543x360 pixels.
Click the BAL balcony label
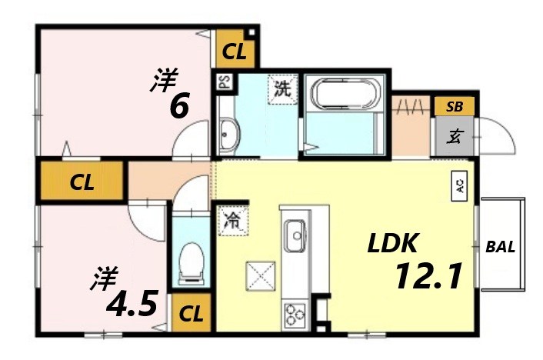coord(501,247)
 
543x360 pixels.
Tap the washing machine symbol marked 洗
coord(282,88)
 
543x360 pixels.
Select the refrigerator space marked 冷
coord(232,221)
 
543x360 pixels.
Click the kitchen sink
coord(295,235)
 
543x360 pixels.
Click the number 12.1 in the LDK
coord(428,276)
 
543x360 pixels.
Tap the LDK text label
coord(391,245)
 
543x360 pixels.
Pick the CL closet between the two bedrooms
coord(82,183)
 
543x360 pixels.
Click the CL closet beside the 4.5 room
coord(191,314)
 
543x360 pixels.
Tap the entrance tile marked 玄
coord(455,137)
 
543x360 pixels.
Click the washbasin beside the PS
coord(229,135)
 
